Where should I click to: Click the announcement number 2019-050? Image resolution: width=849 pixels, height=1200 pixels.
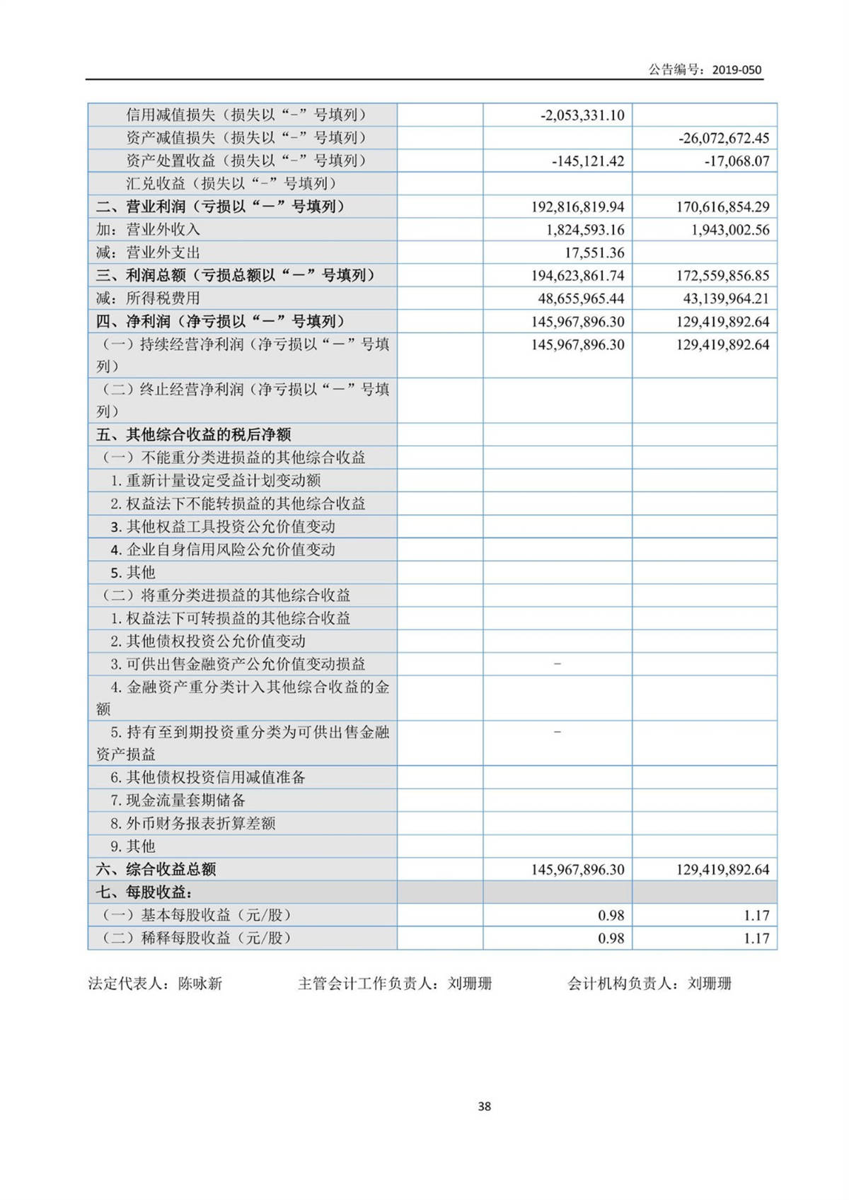(737, 69)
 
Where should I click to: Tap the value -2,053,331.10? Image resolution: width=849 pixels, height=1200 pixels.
(582, 115)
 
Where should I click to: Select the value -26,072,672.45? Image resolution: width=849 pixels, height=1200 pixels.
(723, 138)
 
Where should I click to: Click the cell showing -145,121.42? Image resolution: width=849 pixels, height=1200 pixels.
(587, 161)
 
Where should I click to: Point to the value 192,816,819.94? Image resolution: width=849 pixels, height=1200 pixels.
(577, 206)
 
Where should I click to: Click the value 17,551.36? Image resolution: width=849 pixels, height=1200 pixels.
(594, 252)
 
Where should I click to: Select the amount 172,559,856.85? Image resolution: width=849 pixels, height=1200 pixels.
(722, 276)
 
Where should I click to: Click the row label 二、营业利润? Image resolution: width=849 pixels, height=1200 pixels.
(220, 206)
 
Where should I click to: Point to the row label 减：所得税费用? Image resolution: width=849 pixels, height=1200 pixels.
(148, 298)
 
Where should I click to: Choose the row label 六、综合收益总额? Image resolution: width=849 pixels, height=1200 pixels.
(156, 869)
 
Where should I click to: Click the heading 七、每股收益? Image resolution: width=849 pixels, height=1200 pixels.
(144, 892)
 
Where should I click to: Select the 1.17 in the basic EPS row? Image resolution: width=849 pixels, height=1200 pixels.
(756, 915)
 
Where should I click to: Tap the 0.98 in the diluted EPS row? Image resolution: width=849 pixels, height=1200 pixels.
(611, 938)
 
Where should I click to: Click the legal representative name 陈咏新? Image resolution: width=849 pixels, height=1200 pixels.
(200, 984)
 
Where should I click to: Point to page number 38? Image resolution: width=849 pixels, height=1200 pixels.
(484, 1107)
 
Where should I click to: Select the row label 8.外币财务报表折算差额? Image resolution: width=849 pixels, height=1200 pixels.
(192, 823)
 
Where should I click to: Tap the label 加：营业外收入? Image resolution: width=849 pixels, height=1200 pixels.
(148, 230)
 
